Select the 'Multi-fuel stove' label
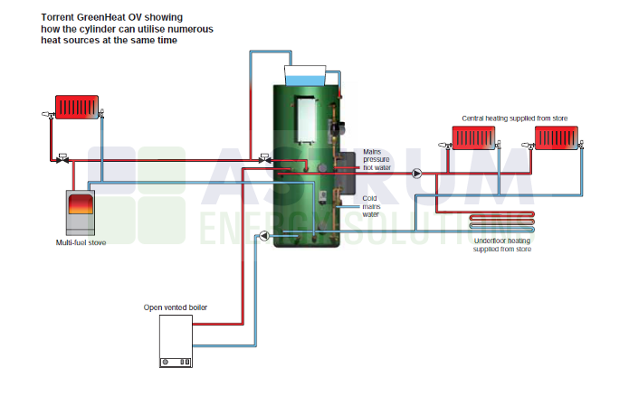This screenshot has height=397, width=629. click(81, 242)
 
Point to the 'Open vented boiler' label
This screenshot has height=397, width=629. click(176, 307)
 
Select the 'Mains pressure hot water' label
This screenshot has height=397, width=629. click(378, 159)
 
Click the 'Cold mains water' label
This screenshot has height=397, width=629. click(370, 206)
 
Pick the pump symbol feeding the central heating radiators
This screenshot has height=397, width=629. click(417, 173)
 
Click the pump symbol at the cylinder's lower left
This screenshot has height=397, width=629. click(263, 237)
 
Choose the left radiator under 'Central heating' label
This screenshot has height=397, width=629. click(474, 137)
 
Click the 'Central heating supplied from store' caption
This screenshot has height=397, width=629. click(505, 118)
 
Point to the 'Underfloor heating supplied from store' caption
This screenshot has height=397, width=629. click(502, 244)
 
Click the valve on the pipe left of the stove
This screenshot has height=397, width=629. click(62, 157)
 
